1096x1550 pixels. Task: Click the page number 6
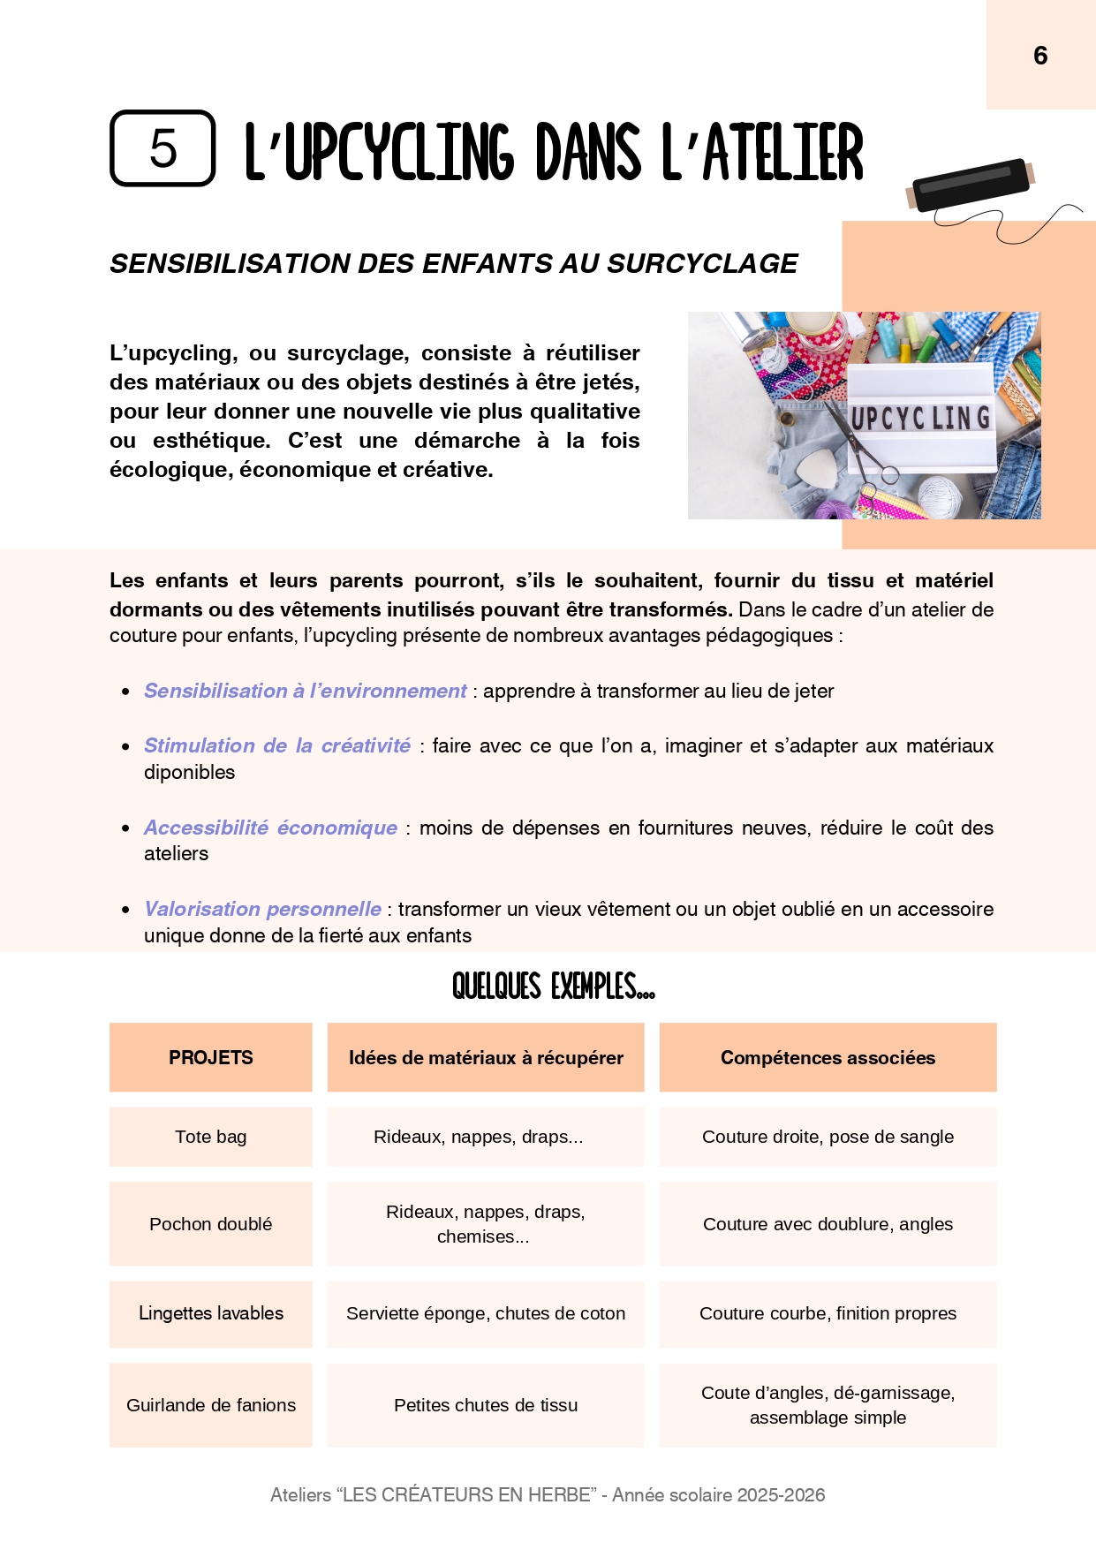(x=1040, y=56)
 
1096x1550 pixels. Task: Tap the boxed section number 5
(x=163, y=148)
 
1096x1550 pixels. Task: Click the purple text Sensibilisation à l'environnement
(x=305, y=691)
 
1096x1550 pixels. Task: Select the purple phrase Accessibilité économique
(x=270, y=828)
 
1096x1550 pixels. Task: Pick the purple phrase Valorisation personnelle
(x=262, y=909)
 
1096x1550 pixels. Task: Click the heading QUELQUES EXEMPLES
(x=553, y=986)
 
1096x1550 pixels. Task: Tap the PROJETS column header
(x=210, y=1057)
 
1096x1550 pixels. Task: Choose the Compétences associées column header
(x=828, y=1057)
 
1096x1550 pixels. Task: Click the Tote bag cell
(x=210, y=1137)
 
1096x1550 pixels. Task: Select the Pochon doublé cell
(x=210, y=1224)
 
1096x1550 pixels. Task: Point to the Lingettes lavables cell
(x=210, y=1313)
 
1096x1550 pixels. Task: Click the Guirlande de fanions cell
(x=210, y=1405)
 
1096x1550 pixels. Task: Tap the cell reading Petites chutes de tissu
(x=486, y=1405)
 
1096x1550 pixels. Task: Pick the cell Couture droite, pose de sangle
(x=828, y=1137)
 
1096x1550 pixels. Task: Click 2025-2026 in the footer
(x=781, y=1494)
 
